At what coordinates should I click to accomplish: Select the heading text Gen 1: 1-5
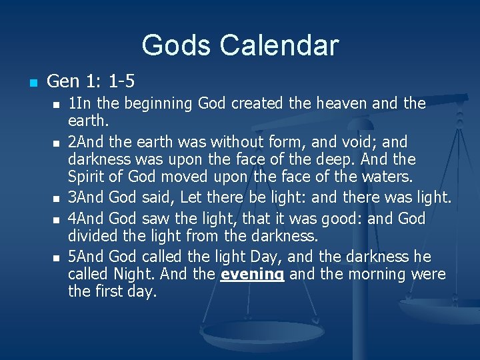point(91,81)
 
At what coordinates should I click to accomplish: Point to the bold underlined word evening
point(253,274)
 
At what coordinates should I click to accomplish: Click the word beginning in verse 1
point(155,103)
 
